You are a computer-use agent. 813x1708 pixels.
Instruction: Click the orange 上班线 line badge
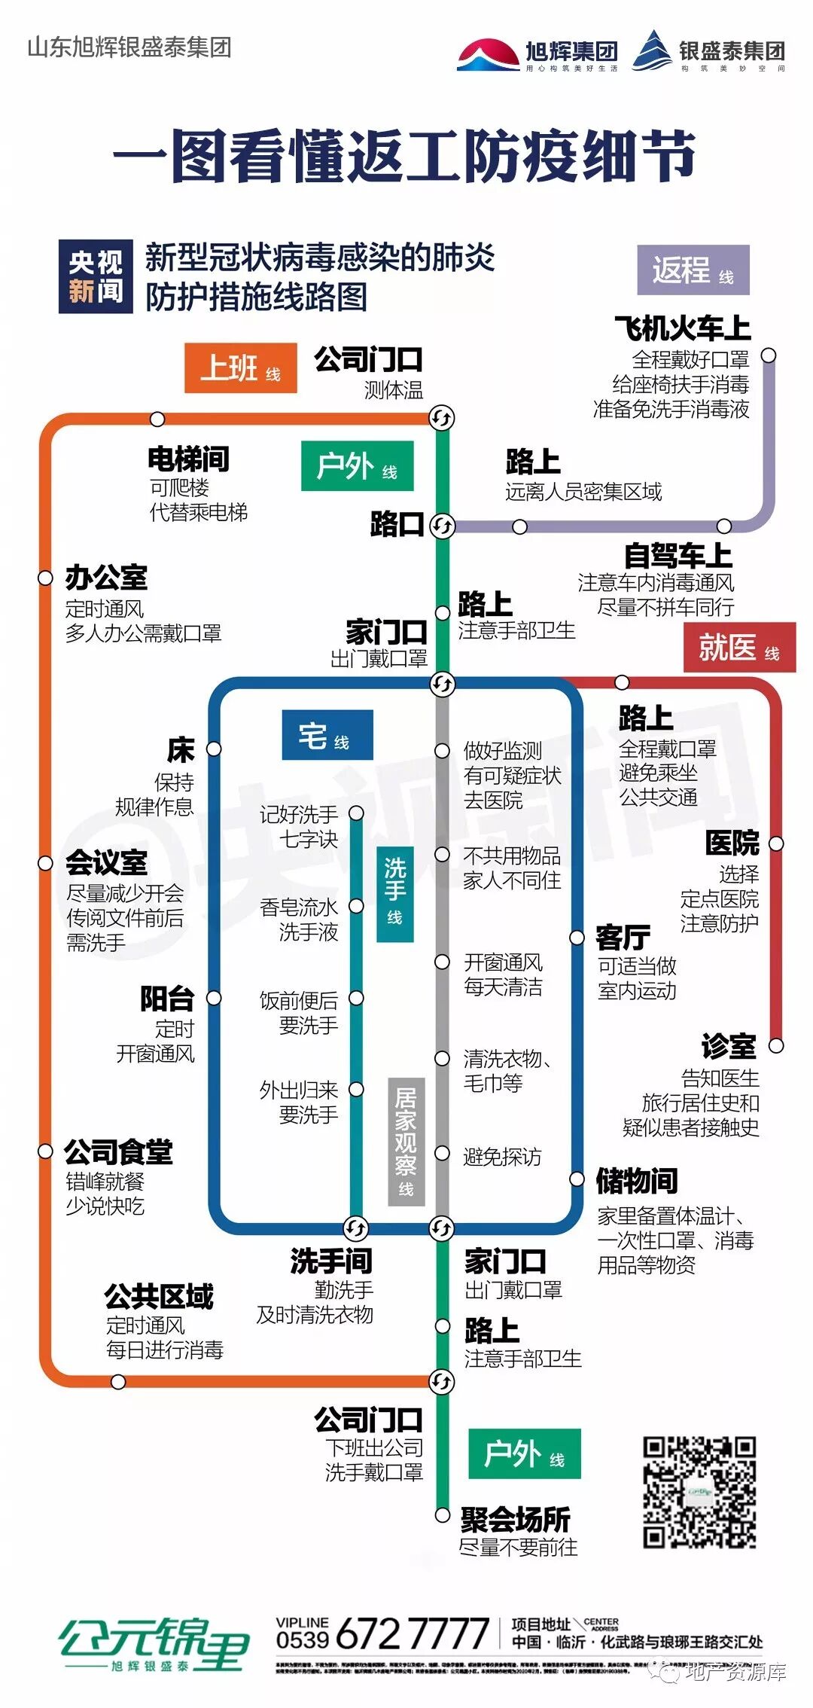pyautogui.click(x=240, y=368)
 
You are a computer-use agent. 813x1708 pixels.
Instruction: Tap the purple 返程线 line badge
pyautogui.click(x=693, y=270)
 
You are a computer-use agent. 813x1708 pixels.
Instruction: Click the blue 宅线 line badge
pyautogui.click(x=327, y=736)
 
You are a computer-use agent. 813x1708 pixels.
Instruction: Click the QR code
pyautogui.click(x=699, y=1492)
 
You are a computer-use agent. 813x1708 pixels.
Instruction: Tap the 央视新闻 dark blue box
pyautogui.click(x=96, y=276)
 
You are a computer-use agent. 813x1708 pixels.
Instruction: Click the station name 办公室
pyautogui.click(x=106, y=578)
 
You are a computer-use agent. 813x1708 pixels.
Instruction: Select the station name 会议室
pyautogui.click(x=106, y=863)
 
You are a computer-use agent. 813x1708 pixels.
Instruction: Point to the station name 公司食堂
pyautogui.click(x=118, y=1152)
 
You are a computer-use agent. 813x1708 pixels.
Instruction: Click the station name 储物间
pyautogui.click(x=637, y=1181)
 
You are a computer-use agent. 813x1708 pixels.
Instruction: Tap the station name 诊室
pyautogui.click(x=729, y=1046)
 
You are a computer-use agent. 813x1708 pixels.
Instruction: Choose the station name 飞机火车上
pyautogui.click(x=683, y=328)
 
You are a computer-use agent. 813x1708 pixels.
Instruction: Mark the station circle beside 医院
pyautogui.click(x=776, y=843)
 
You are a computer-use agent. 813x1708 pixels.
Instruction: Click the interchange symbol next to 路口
pyautogui.click(x=443, y=526)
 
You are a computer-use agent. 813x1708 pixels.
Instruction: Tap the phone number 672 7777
pyautogui.click(x=413, y=1634)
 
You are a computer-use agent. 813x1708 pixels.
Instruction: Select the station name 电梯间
pyautogui.click(x=188, y=459)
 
